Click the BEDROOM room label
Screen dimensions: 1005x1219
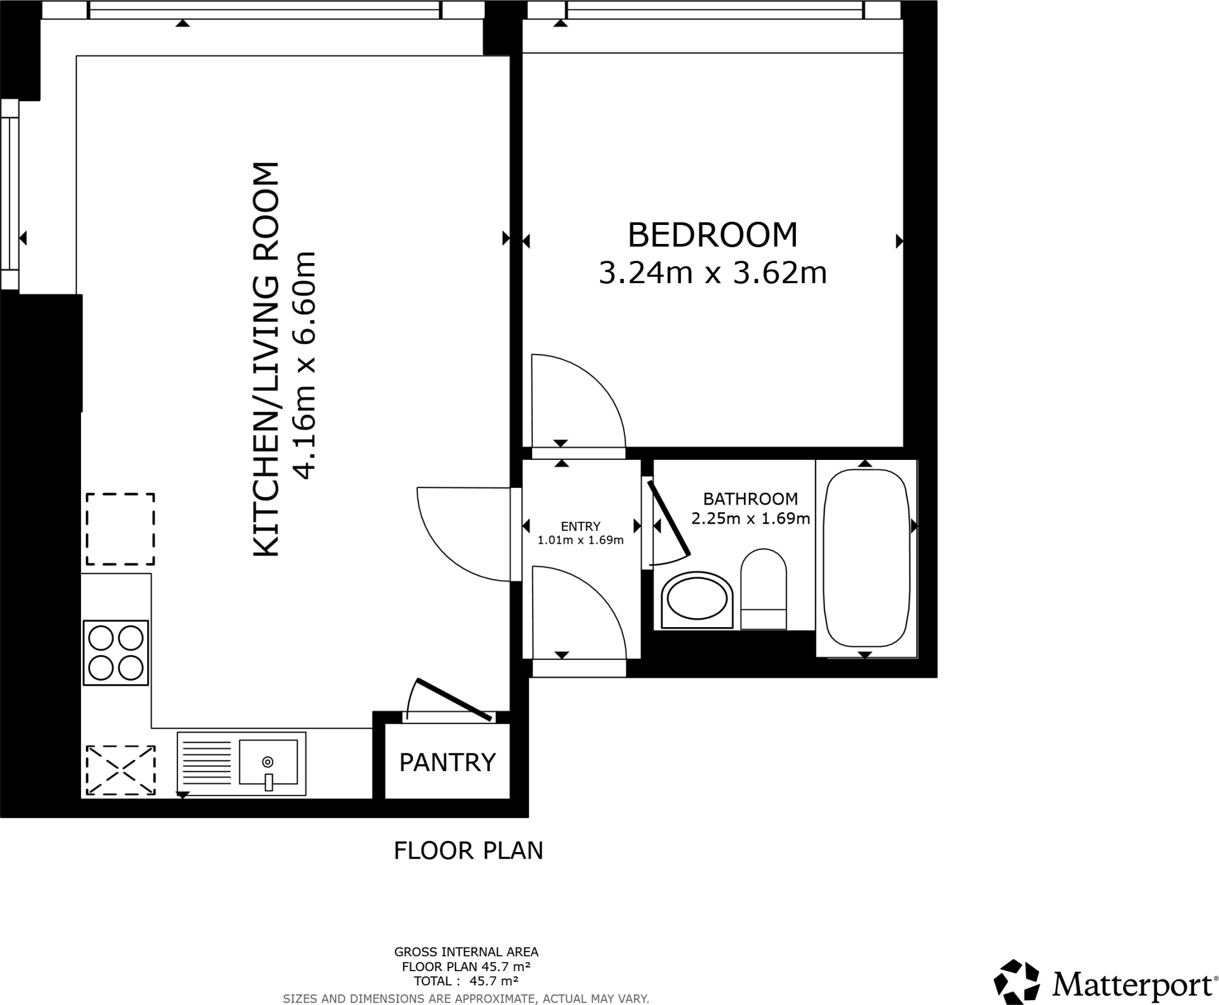(712, 235)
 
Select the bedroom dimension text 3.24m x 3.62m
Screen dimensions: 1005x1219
(712, 274)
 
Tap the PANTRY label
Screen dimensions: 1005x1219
(447, 762)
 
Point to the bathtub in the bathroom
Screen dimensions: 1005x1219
(866, 558)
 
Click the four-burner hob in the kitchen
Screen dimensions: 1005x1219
(115, 653)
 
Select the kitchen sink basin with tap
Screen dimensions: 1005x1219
(268, 762)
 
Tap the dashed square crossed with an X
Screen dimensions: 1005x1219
(121, 771)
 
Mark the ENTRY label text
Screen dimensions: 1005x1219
(580, 527)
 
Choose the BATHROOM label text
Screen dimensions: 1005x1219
(750, 499)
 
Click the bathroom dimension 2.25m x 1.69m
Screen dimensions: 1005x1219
(750, 519)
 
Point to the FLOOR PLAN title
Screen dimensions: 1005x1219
(468, 851)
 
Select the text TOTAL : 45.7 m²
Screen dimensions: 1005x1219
(466, 981)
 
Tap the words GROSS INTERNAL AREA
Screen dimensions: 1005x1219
(466, 952)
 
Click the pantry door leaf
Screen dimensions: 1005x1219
(455, 700)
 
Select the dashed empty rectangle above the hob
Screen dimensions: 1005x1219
(120, 529)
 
